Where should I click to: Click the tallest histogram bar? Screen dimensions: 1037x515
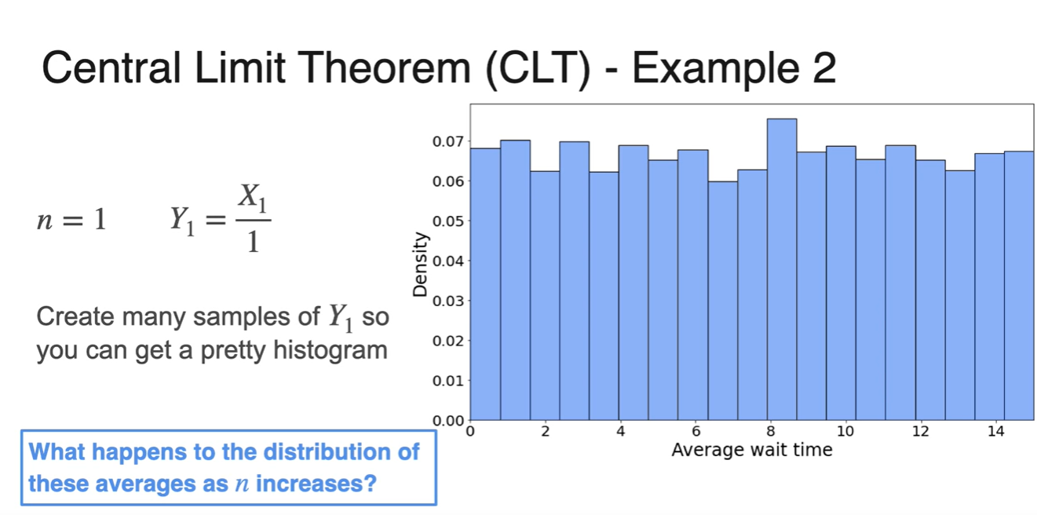click(782, 269)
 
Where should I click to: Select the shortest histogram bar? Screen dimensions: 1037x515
click(723, 301)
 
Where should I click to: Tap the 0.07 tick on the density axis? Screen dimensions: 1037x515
click(447, 141)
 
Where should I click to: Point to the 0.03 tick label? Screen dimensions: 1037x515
click(447, 301)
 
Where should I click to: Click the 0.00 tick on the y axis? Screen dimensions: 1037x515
click(447, 421)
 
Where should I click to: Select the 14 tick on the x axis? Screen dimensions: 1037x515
click(996, 431)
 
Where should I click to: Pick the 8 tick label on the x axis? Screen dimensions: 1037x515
click(770, 431)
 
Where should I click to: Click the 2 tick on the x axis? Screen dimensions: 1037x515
click(546, 431)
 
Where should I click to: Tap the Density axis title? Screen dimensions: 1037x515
click(420, 264)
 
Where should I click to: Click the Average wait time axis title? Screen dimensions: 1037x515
click(752, 450)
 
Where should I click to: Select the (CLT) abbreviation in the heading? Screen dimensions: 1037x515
click(538, 69)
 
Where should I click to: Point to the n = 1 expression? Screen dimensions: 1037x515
click(71, 219)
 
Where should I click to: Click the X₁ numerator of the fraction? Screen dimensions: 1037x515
click(253, 197)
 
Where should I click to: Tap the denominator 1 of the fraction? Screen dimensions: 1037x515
click(253, 241)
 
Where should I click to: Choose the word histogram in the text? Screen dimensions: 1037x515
click(330, 351)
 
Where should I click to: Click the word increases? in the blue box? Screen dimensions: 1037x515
click(316, 484)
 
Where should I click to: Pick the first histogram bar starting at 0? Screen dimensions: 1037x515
click(485, 284)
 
